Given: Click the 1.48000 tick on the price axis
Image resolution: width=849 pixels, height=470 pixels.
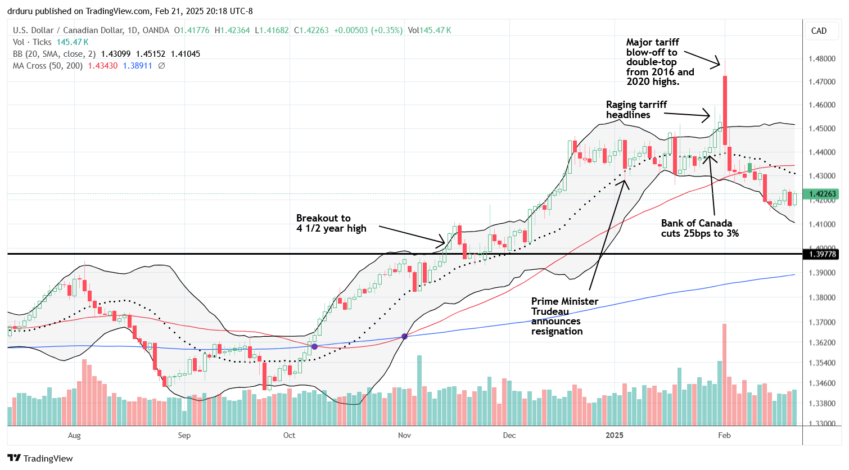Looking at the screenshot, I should tap(822, 58).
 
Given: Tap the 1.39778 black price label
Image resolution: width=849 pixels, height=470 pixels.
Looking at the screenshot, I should tap(823, 255).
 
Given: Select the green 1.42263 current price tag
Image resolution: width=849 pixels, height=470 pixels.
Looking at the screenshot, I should tap(823, 194).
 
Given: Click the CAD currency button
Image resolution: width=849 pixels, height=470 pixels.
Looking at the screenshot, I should tap(819, 31).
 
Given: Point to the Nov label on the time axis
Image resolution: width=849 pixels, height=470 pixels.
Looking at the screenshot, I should tap(404, 435).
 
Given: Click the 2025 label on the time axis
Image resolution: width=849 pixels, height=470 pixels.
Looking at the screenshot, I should tap(614, 435).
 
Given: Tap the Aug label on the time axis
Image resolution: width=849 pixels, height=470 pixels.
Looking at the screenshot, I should tap(74, 435).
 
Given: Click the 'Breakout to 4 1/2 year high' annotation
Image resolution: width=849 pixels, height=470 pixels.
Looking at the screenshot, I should tap(331, 223).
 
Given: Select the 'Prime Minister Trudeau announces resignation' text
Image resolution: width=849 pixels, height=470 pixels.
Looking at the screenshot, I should tap(565, 316).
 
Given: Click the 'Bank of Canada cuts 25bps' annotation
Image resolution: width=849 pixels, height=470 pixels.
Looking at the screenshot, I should tap(699, 228).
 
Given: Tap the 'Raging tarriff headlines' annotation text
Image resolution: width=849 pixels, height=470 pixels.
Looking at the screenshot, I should tap(636, 110).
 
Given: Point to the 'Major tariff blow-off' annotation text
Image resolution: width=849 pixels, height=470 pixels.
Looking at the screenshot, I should tap(660, 62).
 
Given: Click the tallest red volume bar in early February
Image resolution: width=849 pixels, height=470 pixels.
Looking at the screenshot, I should tap(725, 374).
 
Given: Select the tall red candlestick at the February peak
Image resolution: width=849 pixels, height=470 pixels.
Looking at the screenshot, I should tap(725, 110).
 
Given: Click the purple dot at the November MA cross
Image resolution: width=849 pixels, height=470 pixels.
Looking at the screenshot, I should tap(404, 337).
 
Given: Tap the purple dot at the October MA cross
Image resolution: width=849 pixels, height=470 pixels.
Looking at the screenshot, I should tap(314, 346).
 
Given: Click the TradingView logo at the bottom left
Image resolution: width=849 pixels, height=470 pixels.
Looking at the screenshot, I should tap(40, 458).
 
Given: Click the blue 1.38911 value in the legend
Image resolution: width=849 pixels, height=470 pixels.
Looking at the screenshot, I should tap(137, 66).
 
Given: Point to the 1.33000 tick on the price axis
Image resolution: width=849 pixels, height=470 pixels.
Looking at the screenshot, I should tap(822, 423).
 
